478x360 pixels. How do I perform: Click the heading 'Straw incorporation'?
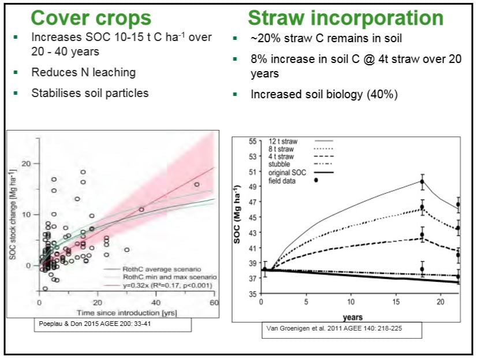(345, 18)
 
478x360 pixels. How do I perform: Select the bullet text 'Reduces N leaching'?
(84, 72)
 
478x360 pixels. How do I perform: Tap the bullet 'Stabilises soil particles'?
(89, 93)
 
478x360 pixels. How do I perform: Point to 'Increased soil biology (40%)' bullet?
(324, 94)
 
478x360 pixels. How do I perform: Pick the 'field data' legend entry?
(284, 180)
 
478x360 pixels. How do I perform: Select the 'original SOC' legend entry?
(287, 172)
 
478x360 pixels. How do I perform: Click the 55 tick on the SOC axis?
(252, 141)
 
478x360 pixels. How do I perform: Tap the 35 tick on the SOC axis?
(252, 294)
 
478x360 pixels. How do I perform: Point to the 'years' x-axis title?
(353, 317)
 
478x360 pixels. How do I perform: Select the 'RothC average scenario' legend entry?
(160, 269)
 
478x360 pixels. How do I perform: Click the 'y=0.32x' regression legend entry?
(167, 285)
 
